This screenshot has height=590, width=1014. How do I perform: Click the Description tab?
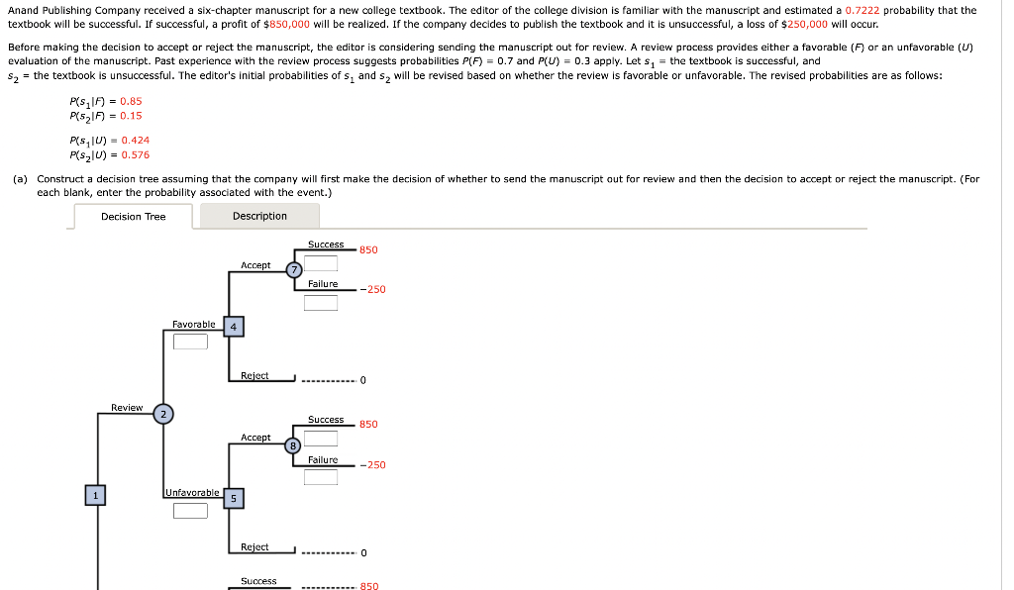point(259,216)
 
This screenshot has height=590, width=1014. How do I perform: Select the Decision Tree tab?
point(133,217)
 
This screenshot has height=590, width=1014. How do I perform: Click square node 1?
point(95,495)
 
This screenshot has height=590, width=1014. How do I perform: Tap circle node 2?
point(164,414)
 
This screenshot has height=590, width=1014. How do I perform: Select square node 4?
point(233,327)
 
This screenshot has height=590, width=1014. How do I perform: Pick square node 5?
point(233,498)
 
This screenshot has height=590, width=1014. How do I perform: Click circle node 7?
point(294,270)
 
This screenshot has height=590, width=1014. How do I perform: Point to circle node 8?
point(293,445)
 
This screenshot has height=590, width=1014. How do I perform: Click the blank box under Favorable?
point(190,343)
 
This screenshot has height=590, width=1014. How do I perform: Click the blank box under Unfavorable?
point(190,511)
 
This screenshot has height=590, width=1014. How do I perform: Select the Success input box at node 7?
point(321,263)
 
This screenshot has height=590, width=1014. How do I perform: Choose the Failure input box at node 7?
point(321,303)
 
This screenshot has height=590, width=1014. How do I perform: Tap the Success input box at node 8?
point(321,438)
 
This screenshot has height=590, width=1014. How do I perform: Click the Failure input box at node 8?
point(321,477)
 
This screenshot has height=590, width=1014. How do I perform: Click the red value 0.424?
point(135,141)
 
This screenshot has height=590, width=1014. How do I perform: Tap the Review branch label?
point(127,408)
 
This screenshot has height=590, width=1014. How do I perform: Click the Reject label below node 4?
point(254,376)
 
